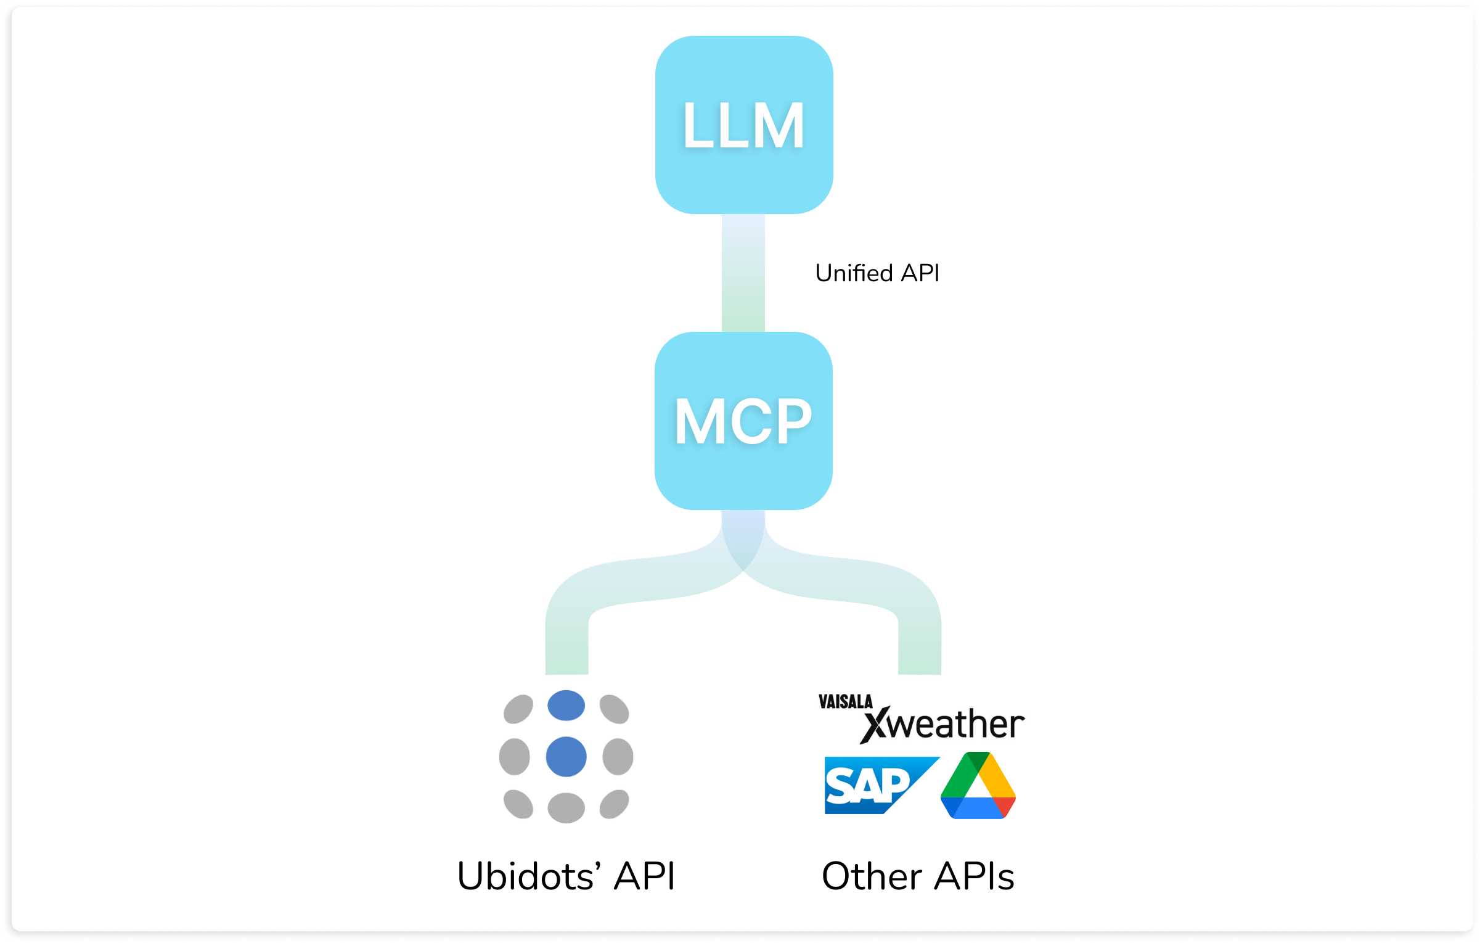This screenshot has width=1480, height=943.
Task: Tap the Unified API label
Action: pyautogui.click(x=877, y=273)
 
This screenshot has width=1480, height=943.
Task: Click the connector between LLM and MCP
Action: pyautogui.click(x=743, y=273)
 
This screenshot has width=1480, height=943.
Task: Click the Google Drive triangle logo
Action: pyautogui.click(x=978, y=786)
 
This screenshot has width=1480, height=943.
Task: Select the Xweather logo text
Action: pyautogui.click(x=943, y=724)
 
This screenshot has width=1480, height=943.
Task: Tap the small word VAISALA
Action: pyautogui.click(x=845, y=702)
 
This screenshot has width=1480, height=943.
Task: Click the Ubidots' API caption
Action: pyautogui.click(x=566, y=876)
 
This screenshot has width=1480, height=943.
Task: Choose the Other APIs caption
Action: pyautogui.click(x=918, y=876)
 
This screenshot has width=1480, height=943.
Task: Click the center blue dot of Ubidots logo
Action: pyautogui.click(x=566, y=757)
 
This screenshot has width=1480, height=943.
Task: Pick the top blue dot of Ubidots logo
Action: pyautogui.click(x=566, y=706)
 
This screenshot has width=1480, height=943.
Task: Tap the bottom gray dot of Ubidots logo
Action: pyautogui.click(x=566, y=808)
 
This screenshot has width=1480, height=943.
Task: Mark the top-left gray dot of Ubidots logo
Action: pyautogui.click(x=518, y=709)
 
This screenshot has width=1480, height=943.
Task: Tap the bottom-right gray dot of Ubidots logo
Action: pyautogui.click(x=614, y=804)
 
